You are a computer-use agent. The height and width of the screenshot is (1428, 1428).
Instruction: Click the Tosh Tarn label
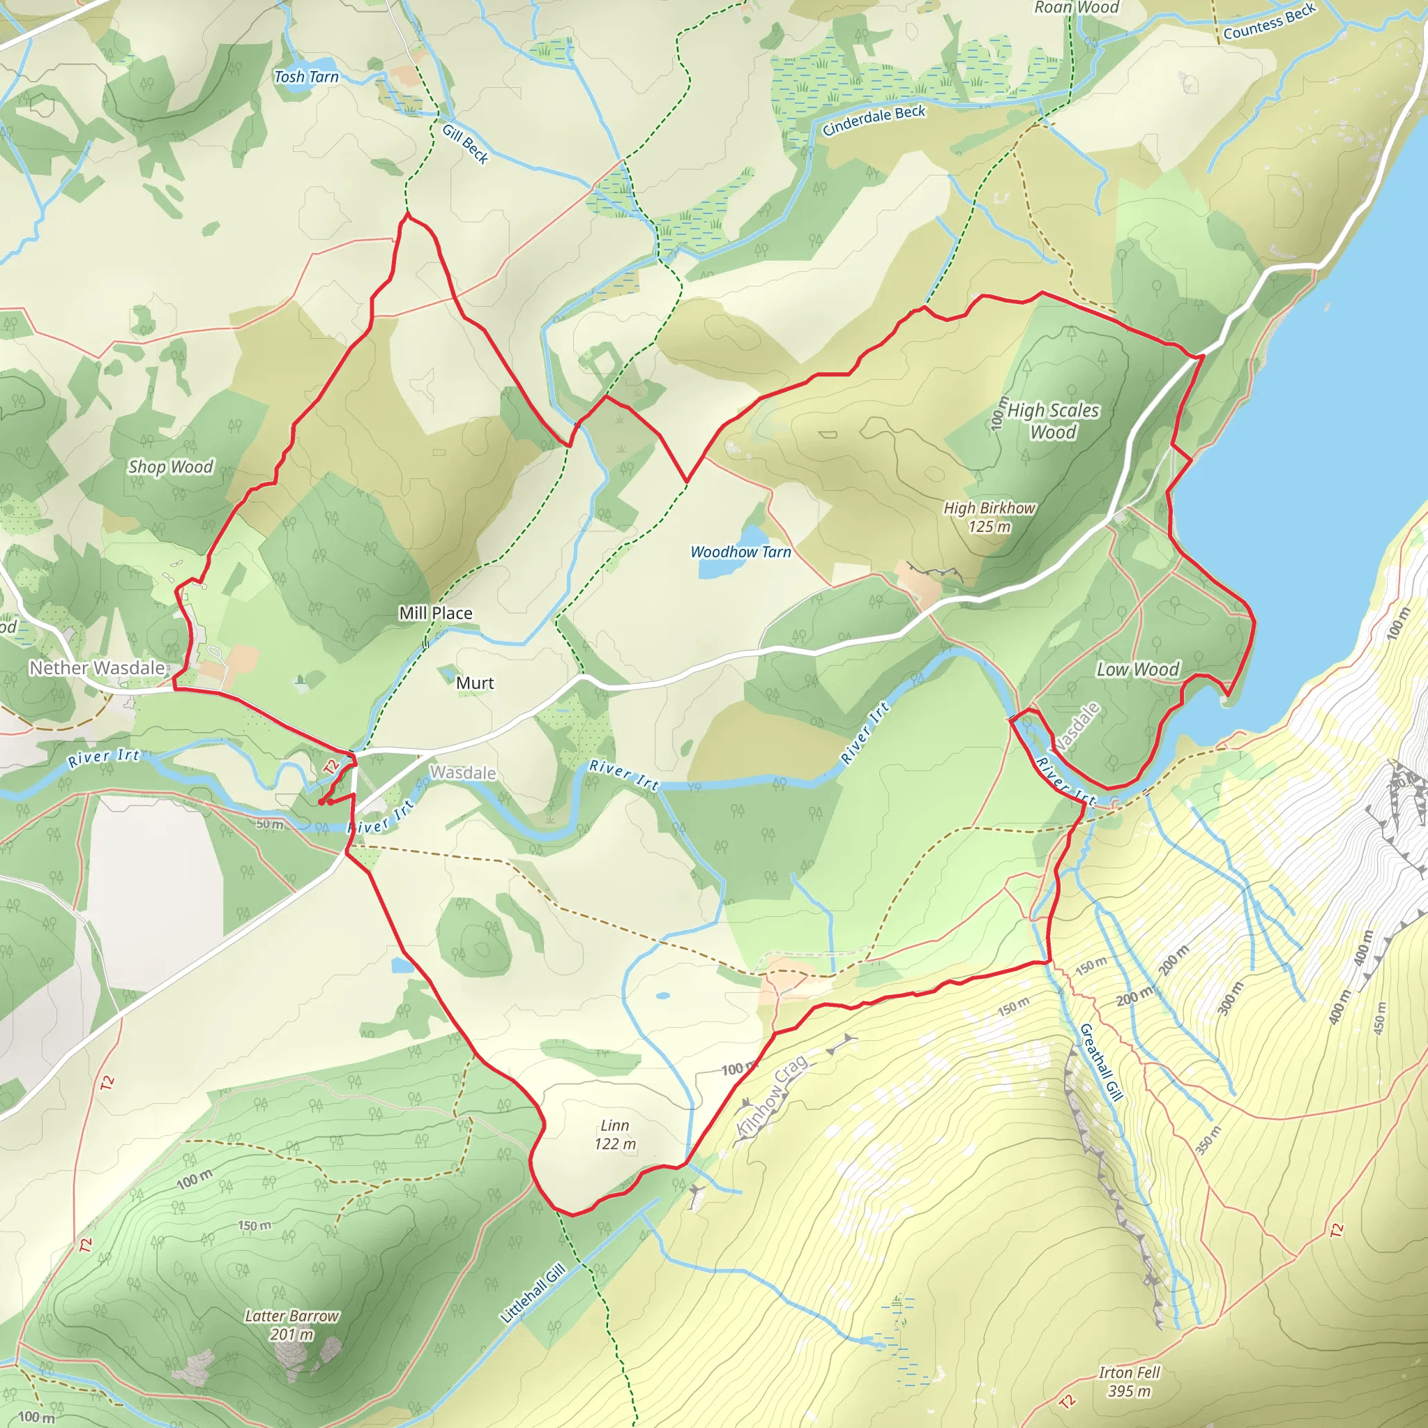coord(306,77)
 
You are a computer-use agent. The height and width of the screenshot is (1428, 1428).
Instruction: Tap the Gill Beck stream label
coord(466,144)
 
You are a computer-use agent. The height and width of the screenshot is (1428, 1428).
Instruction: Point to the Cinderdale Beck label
coord(874,121)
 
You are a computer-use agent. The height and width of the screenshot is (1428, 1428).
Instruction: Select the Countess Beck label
coord(1269,22)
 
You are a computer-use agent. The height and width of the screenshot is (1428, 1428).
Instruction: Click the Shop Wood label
coord(171,467)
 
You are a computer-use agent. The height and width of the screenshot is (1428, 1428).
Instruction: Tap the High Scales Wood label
coord(1054,421)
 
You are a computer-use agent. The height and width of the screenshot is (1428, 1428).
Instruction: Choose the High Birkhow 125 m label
coord(989,517)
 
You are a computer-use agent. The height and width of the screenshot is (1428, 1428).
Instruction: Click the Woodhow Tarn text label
coord(740,552)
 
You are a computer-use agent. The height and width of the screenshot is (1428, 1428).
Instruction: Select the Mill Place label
coord(435,613)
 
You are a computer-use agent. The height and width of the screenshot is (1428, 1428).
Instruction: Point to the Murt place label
coord(475,683)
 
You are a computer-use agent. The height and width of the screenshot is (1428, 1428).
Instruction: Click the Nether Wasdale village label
coord(97,668)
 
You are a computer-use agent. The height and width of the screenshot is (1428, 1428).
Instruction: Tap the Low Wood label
coord(1137,669)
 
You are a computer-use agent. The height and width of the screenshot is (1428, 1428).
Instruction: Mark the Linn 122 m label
coord(615,1134)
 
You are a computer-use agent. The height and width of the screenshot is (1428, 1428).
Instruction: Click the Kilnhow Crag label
coord(772,1086)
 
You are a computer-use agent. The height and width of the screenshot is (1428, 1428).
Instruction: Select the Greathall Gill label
coord(1100,1062)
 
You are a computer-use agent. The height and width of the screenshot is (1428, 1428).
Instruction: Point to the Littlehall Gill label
coord(533,1293)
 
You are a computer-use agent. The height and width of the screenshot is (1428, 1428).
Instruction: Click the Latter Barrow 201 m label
coord(292,1326)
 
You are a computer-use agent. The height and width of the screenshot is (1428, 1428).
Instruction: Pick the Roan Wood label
coord(1076,8)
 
